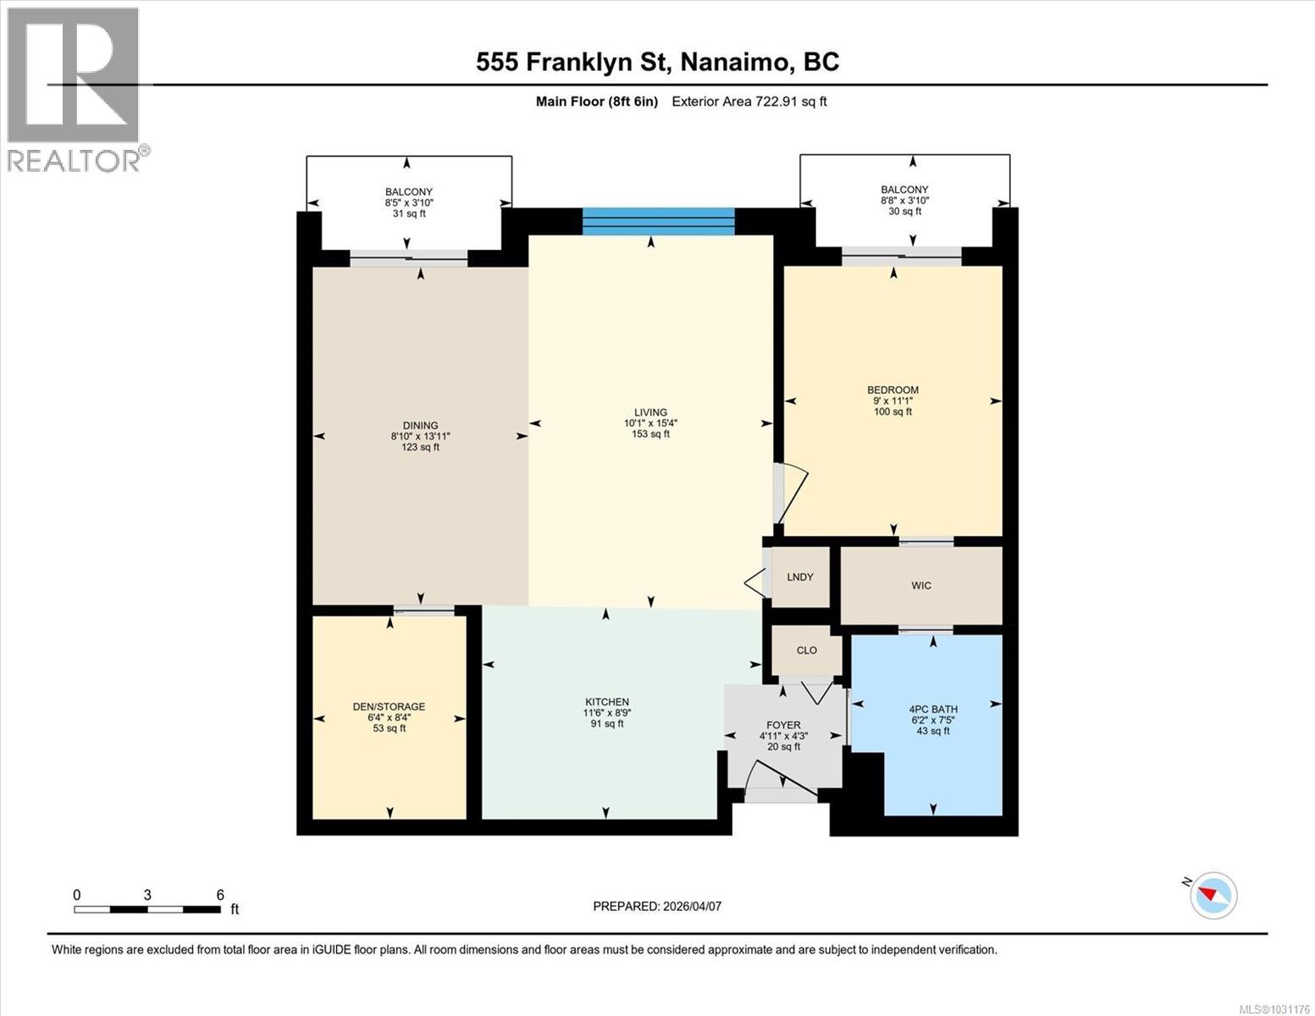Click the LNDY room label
pyautogui.click(x=800, y=577)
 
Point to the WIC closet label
pyautogui.click(x=921, y=586)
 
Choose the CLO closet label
pyautogui.click(x=807, y=650)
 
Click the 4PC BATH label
pyautogui.click(x=933, y=710)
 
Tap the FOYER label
pyautogui.click(x=783, y=725)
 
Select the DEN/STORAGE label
pyautogui.click(x=389, y=706)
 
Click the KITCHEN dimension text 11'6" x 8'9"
pyautogui.click(x=607, y=713)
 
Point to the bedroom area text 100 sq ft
pyautogui.click(x=893, y=412)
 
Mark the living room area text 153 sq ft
pyautogui.click(x=650, y=434)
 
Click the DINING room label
pyautogui.click(x=420, y=426)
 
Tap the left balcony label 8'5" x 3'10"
pyautogui.click(x=409, y=203)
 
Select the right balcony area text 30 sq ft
pyautogui.click(x=904, y=212)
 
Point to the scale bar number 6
pyautogui.click(x=220, y=895)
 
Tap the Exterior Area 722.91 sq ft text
pyautogui.click(x=749, y=102)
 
